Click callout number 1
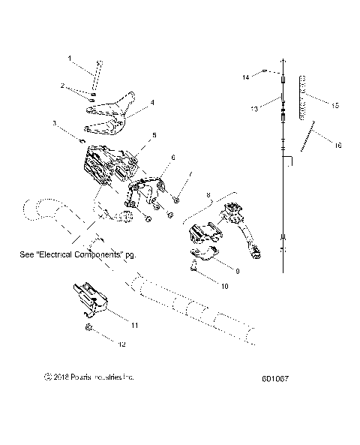[70, 58]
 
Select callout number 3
[54, 122]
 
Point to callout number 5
[154, 135]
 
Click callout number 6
[172, 158]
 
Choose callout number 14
[244, 76]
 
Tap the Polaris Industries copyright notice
[90, 377]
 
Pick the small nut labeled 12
[88, 328]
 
